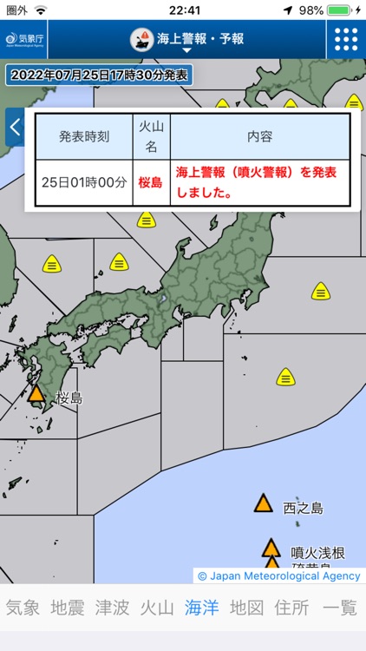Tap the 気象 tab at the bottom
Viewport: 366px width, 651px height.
coord(23,608)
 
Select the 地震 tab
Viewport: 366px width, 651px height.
coord(68,608)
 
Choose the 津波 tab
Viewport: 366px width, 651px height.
coord(113,608)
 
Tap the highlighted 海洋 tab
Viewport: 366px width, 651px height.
coord(202,608)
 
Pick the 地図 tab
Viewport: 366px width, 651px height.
coord(246,608)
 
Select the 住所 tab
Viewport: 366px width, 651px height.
coord(291,608)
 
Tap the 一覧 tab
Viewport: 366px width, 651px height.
coord(340,608)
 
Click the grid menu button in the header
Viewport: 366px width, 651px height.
coord(346,39)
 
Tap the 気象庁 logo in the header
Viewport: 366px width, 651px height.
coord(25,39)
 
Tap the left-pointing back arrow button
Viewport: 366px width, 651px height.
coord(14,127)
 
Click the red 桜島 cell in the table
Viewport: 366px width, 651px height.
coord(151,183)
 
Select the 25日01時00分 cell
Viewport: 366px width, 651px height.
coord(84,183)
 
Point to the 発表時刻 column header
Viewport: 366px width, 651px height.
coord(84,136)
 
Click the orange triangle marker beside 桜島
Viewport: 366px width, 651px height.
coord(36,393)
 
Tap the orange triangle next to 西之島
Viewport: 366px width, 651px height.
coord(263,503)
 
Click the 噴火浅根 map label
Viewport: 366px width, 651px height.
coord(318,552)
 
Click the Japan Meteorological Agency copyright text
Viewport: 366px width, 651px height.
coord(278,575)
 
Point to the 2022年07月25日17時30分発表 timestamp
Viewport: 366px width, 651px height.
coord(101,76)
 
